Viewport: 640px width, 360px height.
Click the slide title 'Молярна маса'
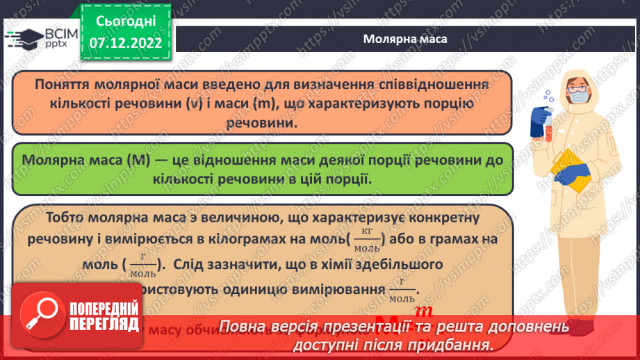tap(405, 38)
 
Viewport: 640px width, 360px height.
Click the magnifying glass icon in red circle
tap(38, 309)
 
